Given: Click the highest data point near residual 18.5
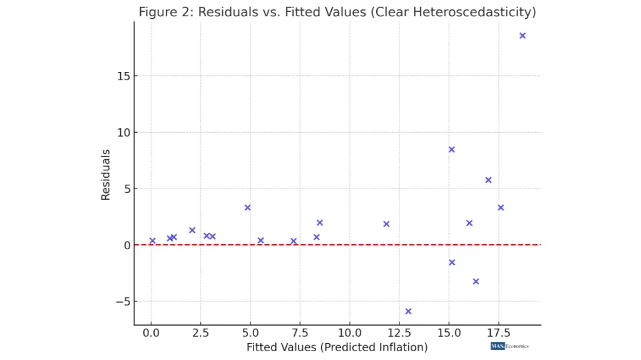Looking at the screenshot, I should [x=522, y=36].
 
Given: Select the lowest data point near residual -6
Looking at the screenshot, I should [x=408, y=311].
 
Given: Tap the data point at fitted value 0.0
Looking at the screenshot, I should [x=152, y=240].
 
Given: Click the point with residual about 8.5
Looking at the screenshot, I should [x=451, y=150].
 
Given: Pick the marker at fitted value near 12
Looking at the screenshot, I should [x=386, y=224].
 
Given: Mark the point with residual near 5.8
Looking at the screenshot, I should [x=488, y=180].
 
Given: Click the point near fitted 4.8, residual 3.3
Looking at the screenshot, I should [x=247, y=208].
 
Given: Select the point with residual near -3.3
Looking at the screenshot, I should [x=476, y=282].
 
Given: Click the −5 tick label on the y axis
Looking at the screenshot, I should [x=122, y=301].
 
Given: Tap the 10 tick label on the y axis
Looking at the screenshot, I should [x=122, y=132].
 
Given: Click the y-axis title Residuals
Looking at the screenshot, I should [x=106, y=174].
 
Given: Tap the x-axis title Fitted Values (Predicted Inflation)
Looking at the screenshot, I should [x=337, y=347].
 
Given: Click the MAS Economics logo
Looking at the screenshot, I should [x=510, y=346].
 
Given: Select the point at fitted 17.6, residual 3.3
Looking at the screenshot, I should [x=501, y=208].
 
